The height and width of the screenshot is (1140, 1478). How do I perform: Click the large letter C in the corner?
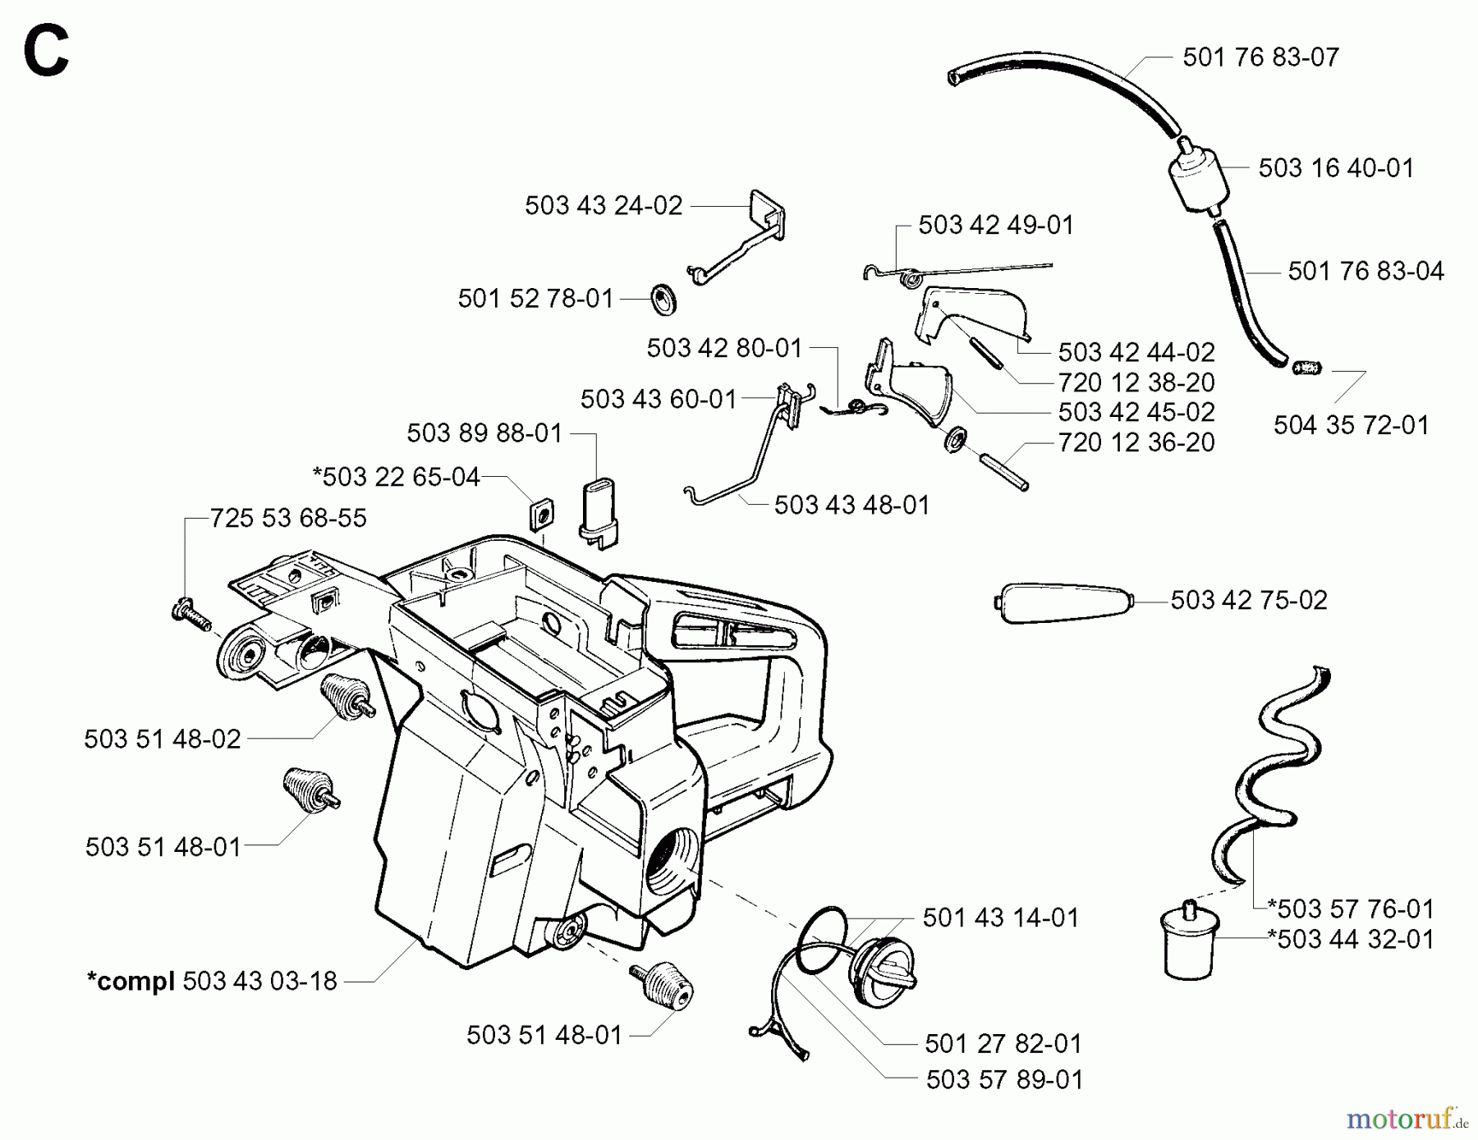coord(46,52)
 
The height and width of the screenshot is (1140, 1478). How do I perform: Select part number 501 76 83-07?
coord(1260,57)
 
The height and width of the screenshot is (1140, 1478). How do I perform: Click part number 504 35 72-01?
coord(1351,425)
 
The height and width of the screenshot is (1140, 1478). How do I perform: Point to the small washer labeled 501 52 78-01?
coord(663,299)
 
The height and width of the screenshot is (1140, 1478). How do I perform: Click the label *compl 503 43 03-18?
coord(212,981)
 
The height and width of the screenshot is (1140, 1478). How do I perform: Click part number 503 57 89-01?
coord(1004,1080)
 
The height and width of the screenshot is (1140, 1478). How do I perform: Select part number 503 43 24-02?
coord(604,205)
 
